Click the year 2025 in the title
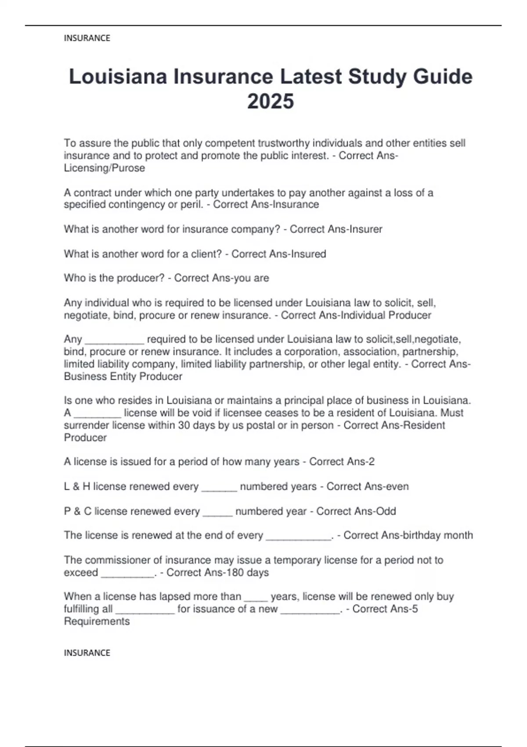271,102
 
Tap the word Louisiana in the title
118,77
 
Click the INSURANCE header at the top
87,38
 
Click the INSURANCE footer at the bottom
87,653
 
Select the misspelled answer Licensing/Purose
105,168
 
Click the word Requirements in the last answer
97,621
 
